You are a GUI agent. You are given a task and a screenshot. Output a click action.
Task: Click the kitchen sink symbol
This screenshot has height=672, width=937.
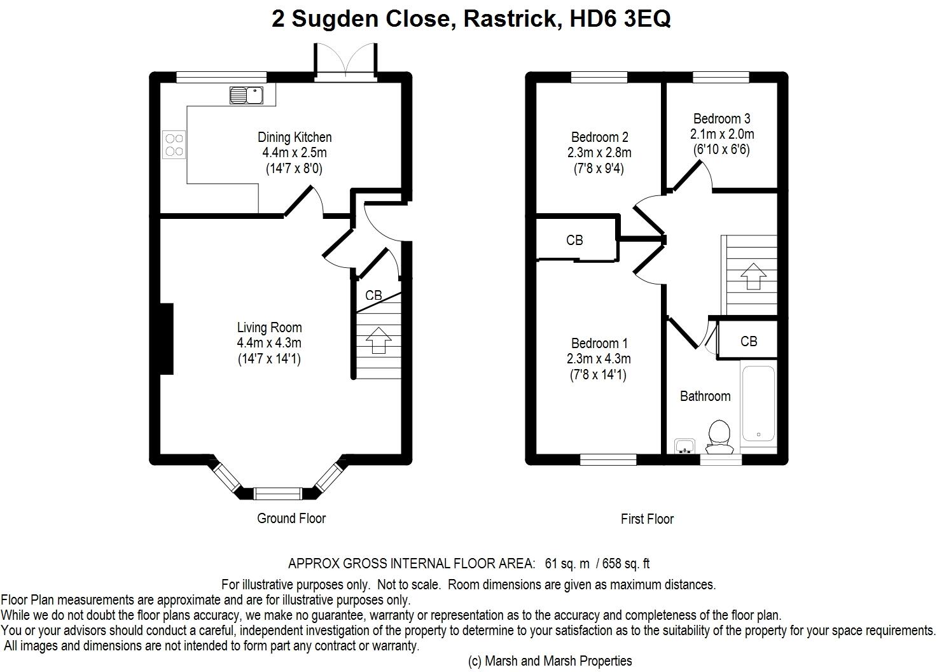click(x=246, y=95)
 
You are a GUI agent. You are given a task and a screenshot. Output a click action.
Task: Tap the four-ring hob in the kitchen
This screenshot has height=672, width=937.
click(x=174, y=144)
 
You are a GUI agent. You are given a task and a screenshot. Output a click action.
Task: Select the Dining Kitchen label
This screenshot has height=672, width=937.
click(x=295, y=137)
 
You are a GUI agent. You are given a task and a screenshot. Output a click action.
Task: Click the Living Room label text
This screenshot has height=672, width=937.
click(x=269, y=327)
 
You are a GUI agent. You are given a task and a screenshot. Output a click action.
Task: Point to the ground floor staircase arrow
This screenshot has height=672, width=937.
click(x=378, y=340)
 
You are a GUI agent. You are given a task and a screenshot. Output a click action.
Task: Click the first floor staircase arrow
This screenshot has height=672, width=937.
click(x=753, y=276)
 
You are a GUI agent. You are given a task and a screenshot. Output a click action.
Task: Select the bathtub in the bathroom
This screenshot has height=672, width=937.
click(x=758, y=403)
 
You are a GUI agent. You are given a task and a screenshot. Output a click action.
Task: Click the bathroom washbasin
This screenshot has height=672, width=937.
click(x=684, y=446)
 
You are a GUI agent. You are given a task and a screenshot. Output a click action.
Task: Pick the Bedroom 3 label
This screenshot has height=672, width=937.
click(x=721, y=119)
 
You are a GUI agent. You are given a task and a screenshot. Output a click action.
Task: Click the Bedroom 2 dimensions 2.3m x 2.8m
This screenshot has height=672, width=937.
click(x=599, y=153)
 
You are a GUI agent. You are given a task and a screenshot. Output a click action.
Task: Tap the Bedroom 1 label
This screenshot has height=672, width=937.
click(x=599, y=344)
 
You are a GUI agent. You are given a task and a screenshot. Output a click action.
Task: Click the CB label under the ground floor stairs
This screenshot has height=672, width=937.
click(x=373, y=295)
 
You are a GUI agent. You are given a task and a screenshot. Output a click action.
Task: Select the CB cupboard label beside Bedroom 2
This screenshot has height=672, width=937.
click(x=574, y=240)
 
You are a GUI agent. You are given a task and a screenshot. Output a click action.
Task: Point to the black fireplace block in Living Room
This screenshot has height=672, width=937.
click(x=167, y=339)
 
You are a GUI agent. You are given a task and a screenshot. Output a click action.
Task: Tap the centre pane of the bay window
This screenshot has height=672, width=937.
click(x=278, y=494)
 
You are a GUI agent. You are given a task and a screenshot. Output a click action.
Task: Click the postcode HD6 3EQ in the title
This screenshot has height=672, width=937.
click(x=620, y=19)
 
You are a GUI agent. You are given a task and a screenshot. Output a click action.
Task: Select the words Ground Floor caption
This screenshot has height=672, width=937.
click(x=291, y=519)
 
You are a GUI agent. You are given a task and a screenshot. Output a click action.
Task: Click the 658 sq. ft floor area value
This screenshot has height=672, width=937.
click(x=626, y=564)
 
